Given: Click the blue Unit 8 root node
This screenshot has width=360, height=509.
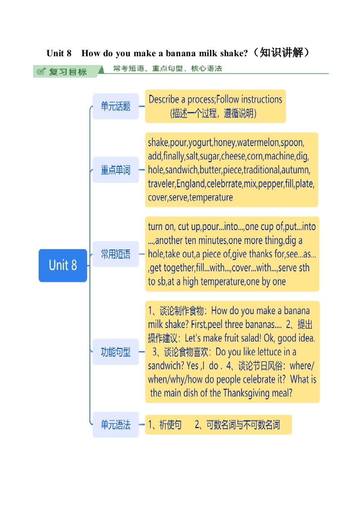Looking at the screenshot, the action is coord(63,265).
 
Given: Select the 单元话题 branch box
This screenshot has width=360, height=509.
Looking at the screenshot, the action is coord(116,106).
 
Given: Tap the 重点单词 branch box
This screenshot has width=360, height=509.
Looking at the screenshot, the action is coord(116,170).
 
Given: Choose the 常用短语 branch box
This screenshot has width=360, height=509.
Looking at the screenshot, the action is coord(116,254).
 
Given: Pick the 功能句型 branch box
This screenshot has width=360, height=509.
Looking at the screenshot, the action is coord(116,352).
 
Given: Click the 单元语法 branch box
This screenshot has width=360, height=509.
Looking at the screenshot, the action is coord(116,425).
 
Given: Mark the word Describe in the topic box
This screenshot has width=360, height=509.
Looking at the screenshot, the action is coord(164,99).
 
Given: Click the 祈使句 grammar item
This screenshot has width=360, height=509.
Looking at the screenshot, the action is coord(170,425).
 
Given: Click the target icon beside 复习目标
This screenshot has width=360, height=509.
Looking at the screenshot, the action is coord(41,72).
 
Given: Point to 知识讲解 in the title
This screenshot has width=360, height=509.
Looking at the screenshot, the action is coord(281,52).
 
